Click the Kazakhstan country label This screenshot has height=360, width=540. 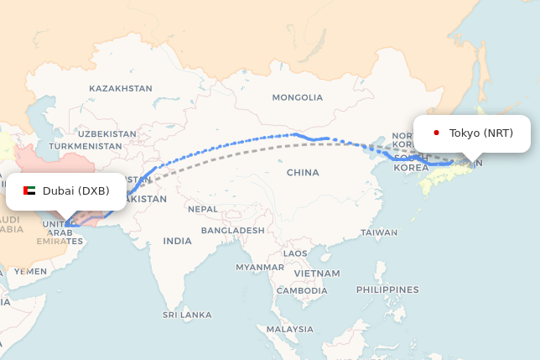[121, 88]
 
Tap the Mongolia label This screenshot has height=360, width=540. [297, 97]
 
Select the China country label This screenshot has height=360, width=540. [303, 173]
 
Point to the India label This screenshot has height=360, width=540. [177, 241]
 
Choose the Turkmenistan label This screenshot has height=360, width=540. [86, 146]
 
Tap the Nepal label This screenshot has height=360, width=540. [202, 209]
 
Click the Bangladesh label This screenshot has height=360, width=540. [233, 230]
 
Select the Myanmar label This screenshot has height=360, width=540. [260, 267]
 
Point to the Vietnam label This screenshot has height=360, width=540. [317, 274]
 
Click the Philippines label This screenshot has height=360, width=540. [387, 290]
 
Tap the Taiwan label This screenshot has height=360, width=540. [379, 232]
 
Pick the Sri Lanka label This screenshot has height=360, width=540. [187, 315]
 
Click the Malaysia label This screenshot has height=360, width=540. [289, 330]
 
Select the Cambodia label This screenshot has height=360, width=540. [302, 290]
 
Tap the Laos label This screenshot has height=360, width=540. [295, 253]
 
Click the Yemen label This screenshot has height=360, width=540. [31, 271]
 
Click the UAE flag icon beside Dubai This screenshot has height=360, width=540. [29, 190]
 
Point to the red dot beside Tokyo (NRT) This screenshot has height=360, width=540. [436, 133]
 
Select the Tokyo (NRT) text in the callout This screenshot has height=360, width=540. [480, 133]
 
